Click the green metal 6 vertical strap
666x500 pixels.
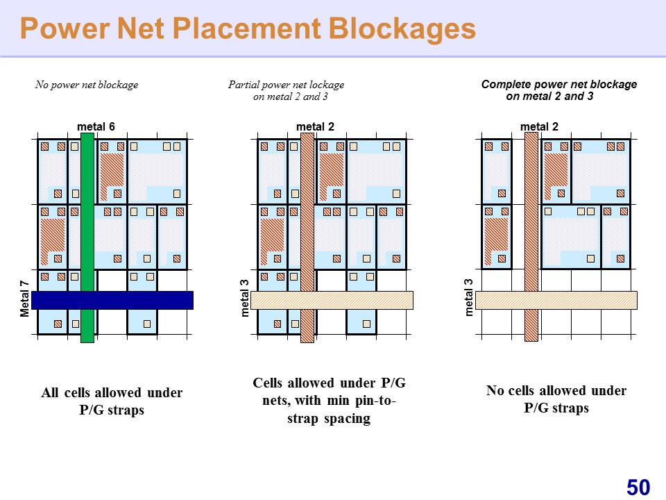pyautogui.click(x=87, y=237)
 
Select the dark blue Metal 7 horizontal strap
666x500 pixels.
pyautogui.click(x=112, y=300)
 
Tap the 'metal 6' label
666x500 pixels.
pyautogui.click(x=96, y=126)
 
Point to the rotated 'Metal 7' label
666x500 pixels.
pyautogui.click(x=25, y=299)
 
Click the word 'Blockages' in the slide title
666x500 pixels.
pyautogui.click(x=402, y=28)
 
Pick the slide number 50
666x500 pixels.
pyautogui.click(x=638, y=487)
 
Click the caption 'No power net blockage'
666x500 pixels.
pyautogui.click(x=87, y=85)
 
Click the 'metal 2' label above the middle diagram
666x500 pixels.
pyautogui.click(x=315, y=126)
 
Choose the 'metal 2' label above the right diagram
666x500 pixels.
pyautogui.click(x=540, y=126)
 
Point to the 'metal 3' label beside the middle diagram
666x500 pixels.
pyautogui.click(x=245, y=298)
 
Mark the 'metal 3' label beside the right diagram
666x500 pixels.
pyautogui.click(x=469, y=298)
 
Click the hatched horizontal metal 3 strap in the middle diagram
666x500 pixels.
pyautogui.click(x=332, y=300)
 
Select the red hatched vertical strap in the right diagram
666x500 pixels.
pyautogui.click(x=531, y=237)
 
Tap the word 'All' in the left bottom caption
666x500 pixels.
pyautogui.click(x=50, y=392)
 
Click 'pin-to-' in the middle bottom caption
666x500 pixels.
pyautogui.click(x=376, y=401)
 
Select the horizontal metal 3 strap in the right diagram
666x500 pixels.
pyautogui.click(x=556, y=300)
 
